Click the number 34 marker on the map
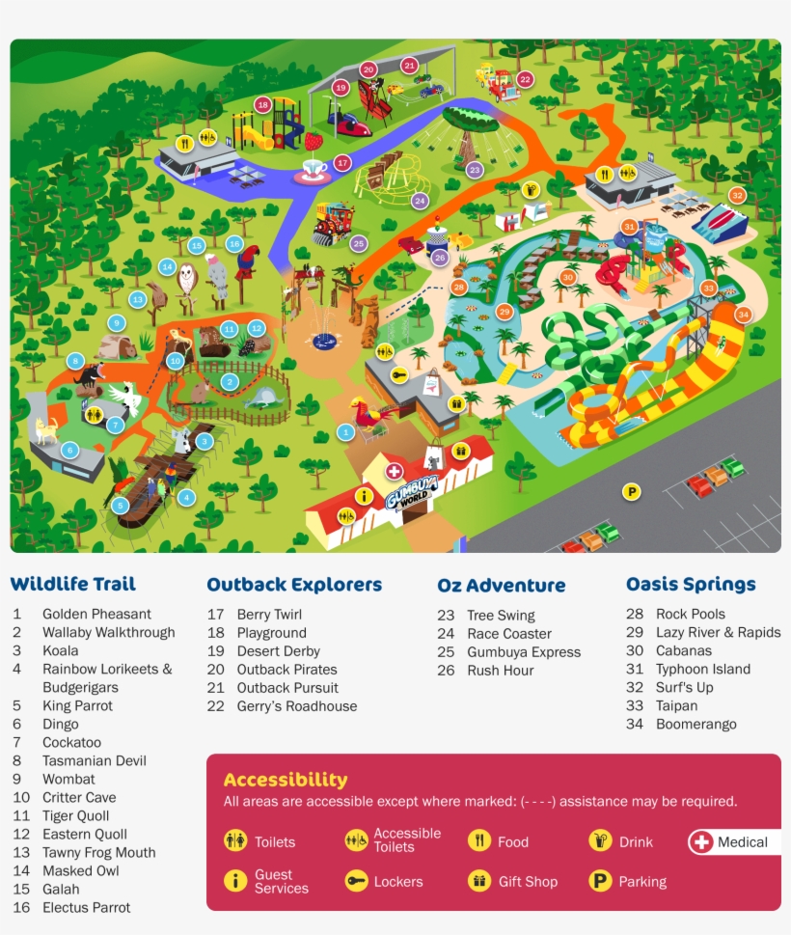pyautogui.click(x=743, y=315)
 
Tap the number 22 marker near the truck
pyautogui.click(x=525, y=79)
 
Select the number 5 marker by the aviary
pyautogui.click(x=120, y=506)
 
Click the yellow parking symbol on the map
pyautogui.click(x=632, y=492)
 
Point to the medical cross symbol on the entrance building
pyautogui.click(x=394, y=471)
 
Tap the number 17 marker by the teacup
pyautogui.click(x=341, y=162)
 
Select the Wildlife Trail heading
pyautogui.click(x=73, y=584)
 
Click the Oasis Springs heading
pyautogui.click(x=691, y=584)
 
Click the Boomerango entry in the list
pyautogui.click(x=696, y=724)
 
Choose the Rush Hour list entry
pyautogui.click(x=501, y=670)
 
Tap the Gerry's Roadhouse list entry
pyautogui.click(x=296, y=706)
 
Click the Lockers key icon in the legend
pyautogui.click(x=356, y=881)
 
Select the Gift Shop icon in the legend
pyautogui.click(x=479, y=881)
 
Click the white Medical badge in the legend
pyautogui.click(x=734, y=842)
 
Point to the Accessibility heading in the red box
pyautogui.click(x=286, y=780)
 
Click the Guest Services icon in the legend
pyautogui.click(x=235, y=881)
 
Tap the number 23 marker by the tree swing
pyautogui.click(x=474, y=170)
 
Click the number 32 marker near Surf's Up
pyautogui.click(x=738, y=195)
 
